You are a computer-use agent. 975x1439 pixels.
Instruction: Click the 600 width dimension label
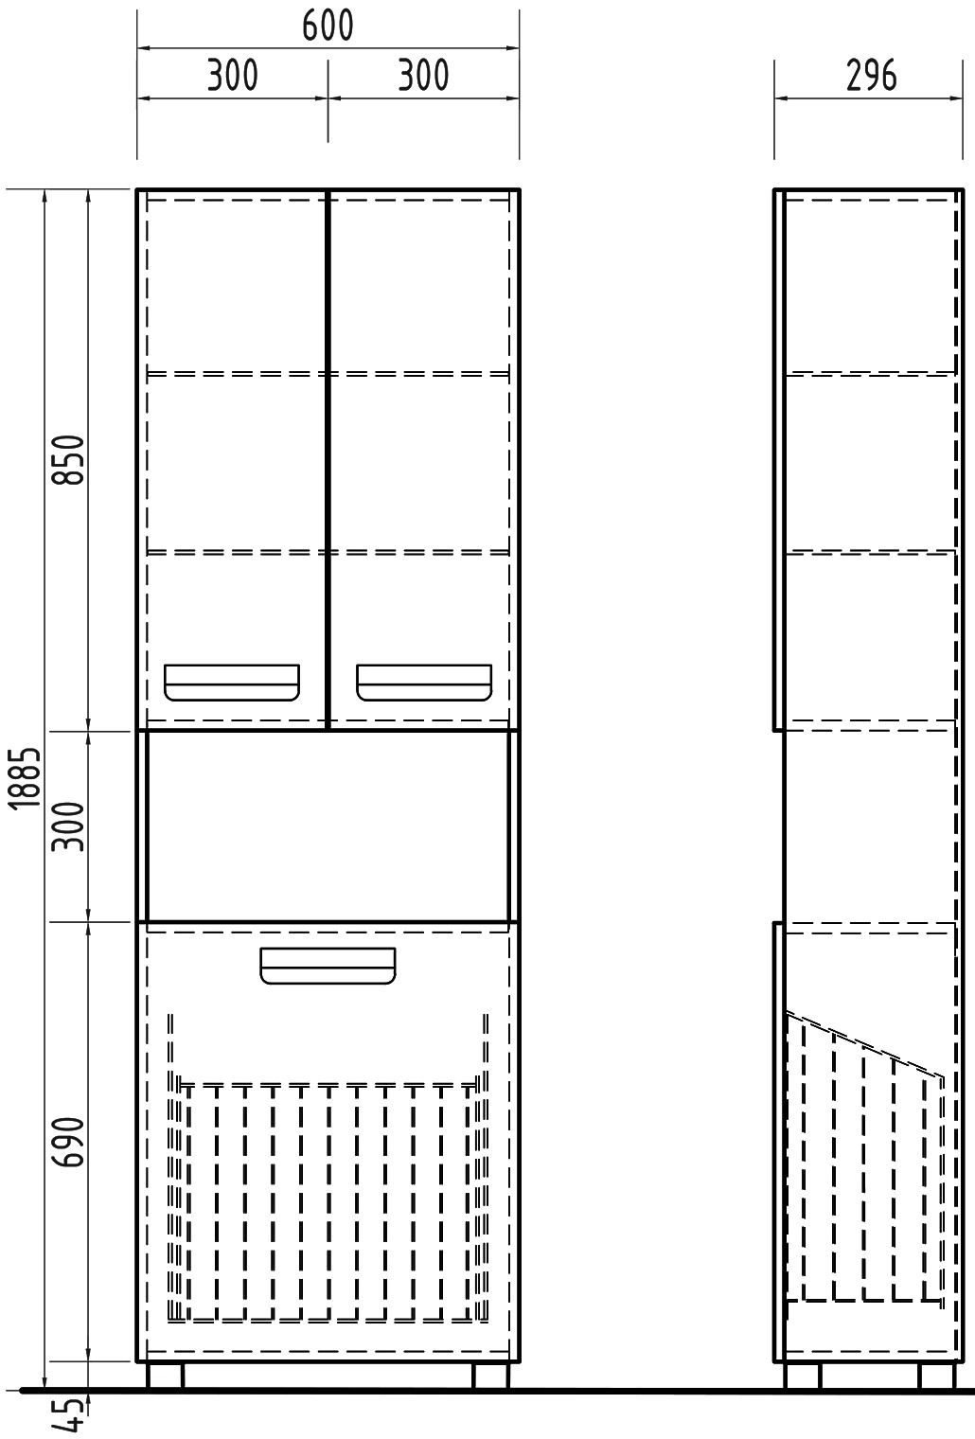pos(328,27)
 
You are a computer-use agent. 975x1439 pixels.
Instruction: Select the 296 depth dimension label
pos(871,75)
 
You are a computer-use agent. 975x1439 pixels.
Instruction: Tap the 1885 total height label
pos(27,777)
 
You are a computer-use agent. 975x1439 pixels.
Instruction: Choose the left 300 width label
pos(233,75)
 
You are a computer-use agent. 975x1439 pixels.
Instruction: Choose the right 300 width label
pos(423,75)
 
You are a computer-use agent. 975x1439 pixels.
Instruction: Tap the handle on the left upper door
pos(232,683)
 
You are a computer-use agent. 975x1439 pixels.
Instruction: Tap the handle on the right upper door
pos(424,683)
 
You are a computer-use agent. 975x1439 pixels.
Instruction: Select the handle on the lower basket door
pos(328,966)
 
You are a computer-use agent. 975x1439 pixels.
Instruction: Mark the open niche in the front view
pos(328,826)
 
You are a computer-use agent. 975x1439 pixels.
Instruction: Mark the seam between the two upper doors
pos(328,459)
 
